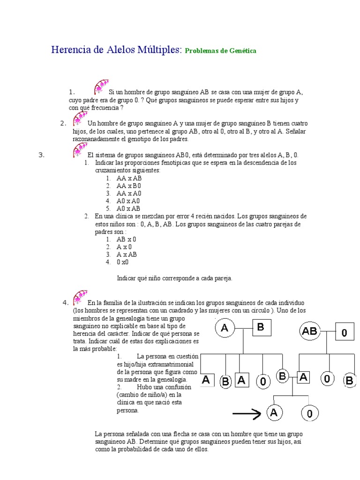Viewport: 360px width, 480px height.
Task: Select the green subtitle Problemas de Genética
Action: [x=220, y=51]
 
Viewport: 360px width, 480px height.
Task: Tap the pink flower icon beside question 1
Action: [x=100, y=88]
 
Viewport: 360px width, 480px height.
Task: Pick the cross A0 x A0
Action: [x=128, y=201]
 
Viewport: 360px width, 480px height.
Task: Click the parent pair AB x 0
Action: [x=126, y=239]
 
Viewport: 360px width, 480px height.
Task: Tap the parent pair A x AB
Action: [x=127, y=255]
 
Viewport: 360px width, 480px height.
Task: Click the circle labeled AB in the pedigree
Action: [x=310, y=331]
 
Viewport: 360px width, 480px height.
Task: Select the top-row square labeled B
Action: [x=261, y=328]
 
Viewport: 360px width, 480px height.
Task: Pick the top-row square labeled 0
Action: [x=344, y=333]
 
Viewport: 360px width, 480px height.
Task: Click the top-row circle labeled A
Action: [x=225, y=329]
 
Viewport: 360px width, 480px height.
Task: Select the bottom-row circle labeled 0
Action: [x=309, y=413]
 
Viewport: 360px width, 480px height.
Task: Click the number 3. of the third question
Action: [x=41, y=155]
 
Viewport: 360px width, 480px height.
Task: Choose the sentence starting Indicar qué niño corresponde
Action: [x=174, y=278]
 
